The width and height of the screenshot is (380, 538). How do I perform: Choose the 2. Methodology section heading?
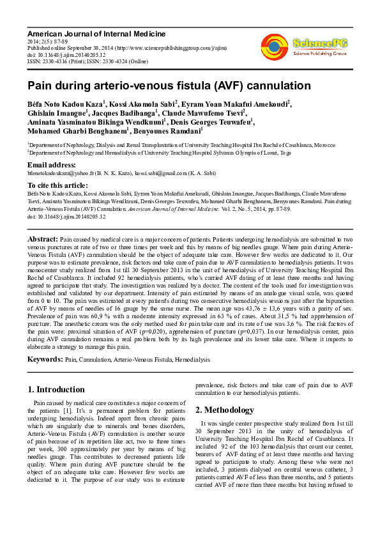pos(225,410)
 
